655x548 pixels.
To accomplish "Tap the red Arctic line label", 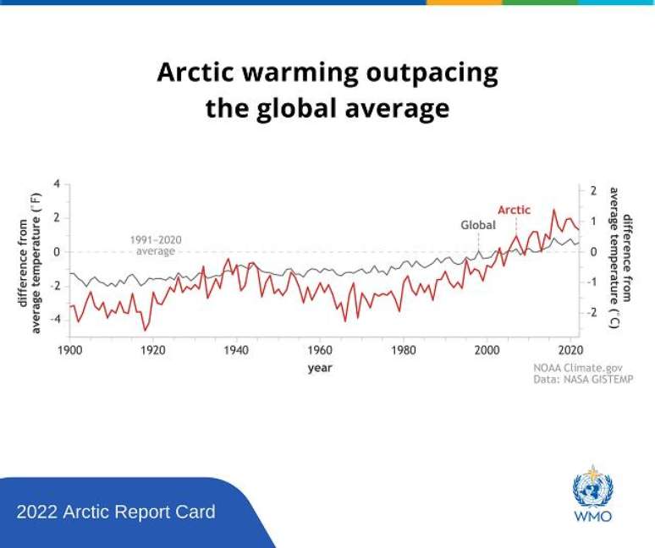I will (x=514, y=210).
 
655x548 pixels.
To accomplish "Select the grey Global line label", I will (x=477, y=226).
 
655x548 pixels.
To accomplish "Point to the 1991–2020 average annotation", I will (x=156, y=245).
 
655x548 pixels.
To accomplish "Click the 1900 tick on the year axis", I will (x=69, y=349).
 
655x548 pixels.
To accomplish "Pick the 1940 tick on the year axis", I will (x=236, y=349).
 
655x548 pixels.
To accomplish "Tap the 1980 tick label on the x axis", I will (x=403, y=349).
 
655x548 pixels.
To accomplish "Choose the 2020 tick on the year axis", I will (x=570, y=349).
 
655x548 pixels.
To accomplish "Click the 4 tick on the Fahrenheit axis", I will (x=57, y=184).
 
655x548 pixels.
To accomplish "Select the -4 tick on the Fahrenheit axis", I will (x=54, y=320).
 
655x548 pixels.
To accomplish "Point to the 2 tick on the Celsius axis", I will (x=593, y=190).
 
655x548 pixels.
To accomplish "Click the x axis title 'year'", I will (x=320, y=368).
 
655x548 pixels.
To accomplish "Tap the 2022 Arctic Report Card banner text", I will (x=116, y=512).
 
